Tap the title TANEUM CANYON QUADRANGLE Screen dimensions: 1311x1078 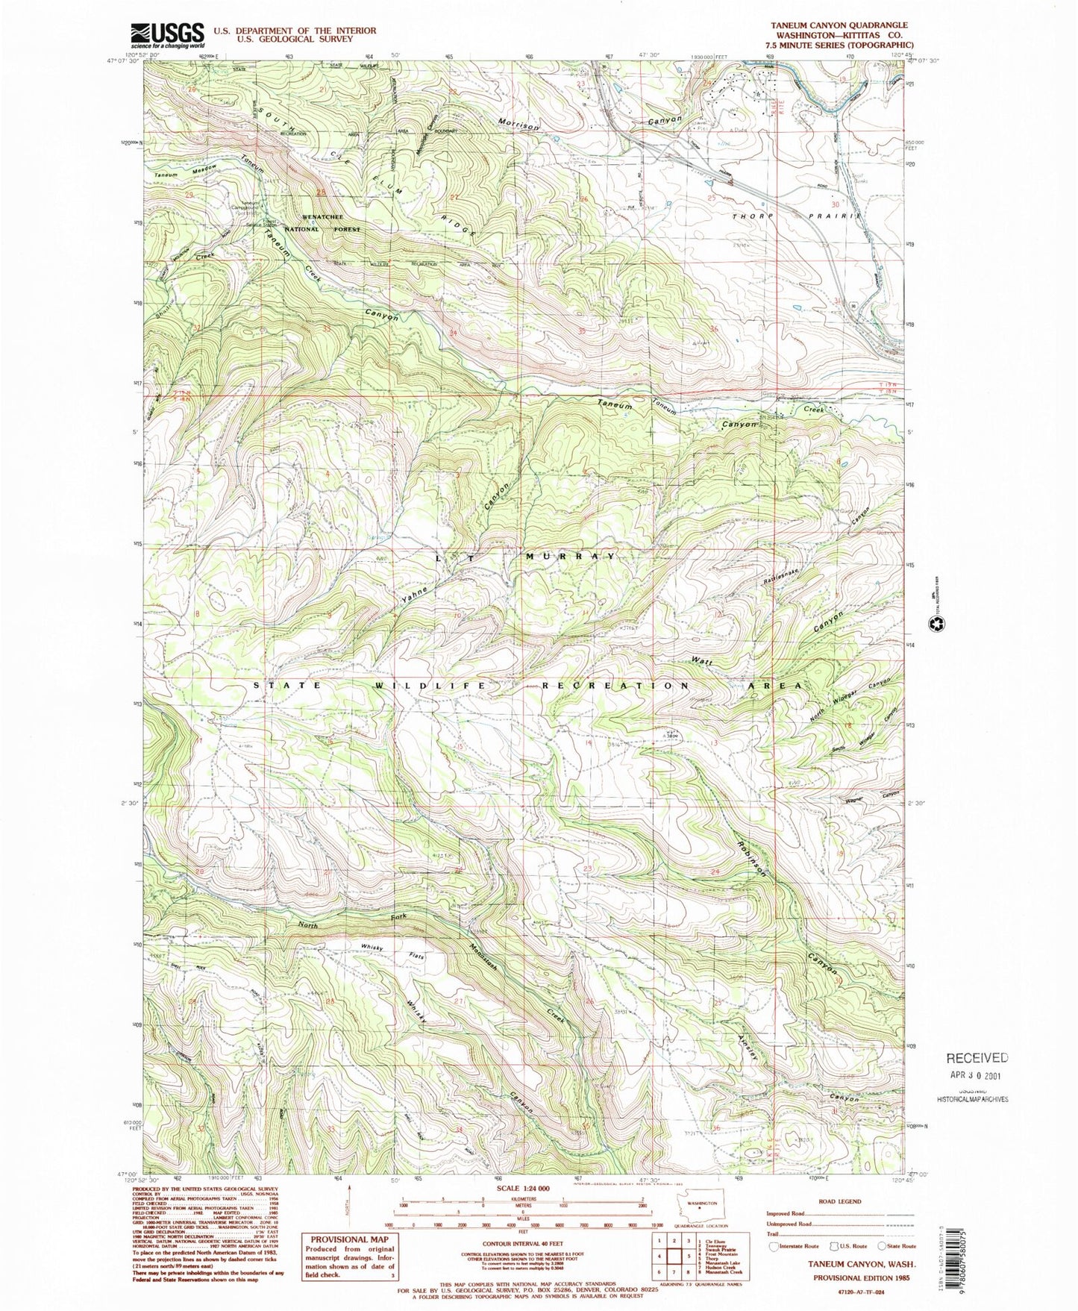pyautogui.click(x=839, y=25)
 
